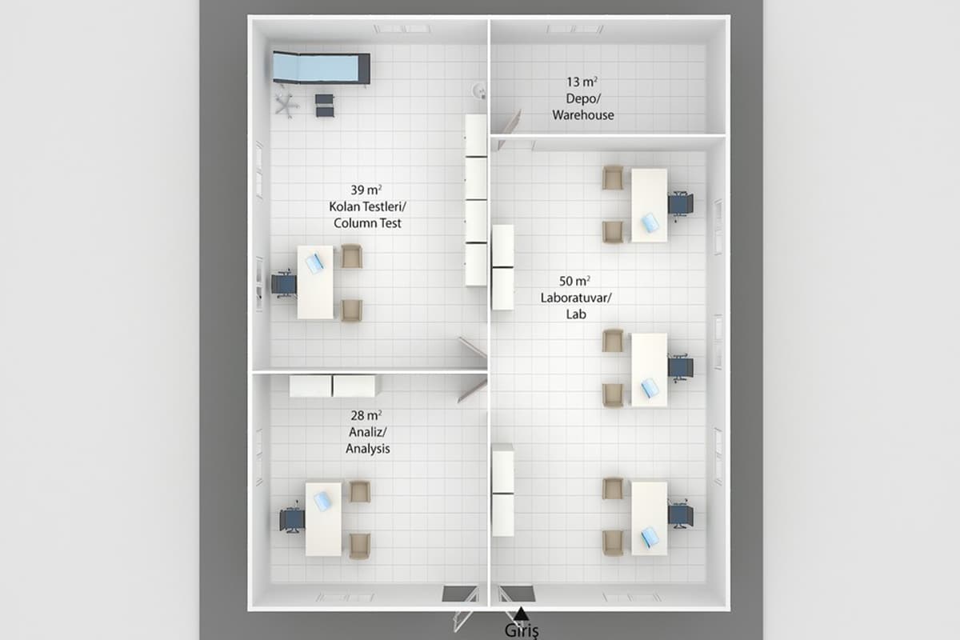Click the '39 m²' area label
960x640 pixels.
(x=366, y=190)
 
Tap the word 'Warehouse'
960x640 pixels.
(x=583, y=115)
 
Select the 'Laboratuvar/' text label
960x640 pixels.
(x=576, y=298)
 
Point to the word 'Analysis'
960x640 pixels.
(x=368, y=448)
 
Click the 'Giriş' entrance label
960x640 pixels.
(x=522, y=631)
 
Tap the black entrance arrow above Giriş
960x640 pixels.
(x=521, y=614)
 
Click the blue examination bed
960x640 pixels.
(x=322, y=68)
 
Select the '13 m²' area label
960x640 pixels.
(x=582, y=82)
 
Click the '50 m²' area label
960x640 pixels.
(x=574, y=282)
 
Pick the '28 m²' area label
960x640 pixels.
(x=366, y=415)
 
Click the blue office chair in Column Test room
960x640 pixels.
(x=284, y=284)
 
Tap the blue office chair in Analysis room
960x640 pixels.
(x=292, y=519)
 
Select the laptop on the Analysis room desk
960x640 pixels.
(x=322, y=501)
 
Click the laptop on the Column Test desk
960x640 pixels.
(x=314, y=262)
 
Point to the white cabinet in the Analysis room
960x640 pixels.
(x=332, y=386)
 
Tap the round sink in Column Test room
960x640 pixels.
(x=478, y=91)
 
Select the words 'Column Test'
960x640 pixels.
(x=367, y=223)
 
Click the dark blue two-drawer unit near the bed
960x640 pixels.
(x=325, y=106)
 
